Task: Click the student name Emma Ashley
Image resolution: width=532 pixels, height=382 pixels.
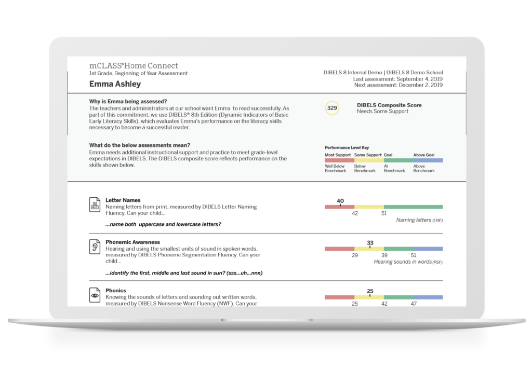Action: tap(115, 84)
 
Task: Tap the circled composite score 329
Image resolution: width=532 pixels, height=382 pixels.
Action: tap(332, 108)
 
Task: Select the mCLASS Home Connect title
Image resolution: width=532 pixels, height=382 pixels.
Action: tap(134, 66)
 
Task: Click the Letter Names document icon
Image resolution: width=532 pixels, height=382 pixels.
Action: tap(95, 204)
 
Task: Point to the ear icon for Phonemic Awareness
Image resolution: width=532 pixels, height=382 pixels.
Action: tap(95, 246)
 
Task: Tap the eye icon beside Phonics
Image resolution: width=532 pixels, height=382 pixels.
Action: tap(95, 295)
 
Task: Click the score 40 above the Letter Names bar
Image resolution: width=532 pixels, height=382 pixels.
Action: tap(340, 201)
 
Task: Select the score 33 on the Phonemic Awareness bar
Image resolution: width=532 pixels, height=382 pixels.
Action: tap(370, 242)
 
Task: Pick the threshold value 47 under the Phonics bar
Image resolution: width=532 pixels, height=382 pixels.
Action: tap(414, 304)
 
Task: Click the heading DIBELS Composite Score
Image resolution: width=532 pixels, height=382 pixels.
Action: tap(389, 105)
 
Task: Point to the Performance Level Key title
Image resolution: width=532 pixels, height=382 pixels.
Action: tap(347, 148)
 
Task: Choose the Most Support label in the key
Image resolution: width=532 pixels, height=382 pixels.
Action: tap(337, 155)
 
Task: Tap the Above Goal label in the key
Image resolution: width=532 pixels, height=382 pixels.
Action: tap(423, 155)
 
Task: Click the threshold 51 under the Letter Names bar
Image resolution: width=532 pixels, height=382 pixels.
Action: tap(384, 213)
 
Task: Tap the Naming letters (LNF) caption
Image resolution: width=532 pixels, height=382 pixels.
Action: tap(419, 220)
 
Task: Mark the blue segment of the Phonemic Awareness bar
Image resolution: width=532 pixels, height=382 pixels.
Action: tap(428, 249)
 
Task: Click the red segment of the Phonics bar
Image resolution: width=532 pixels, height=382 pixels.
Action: tap(339, 297)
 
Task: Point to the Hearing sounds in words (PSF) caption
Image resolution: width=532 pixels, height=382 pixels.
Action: tap(408, 262)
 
